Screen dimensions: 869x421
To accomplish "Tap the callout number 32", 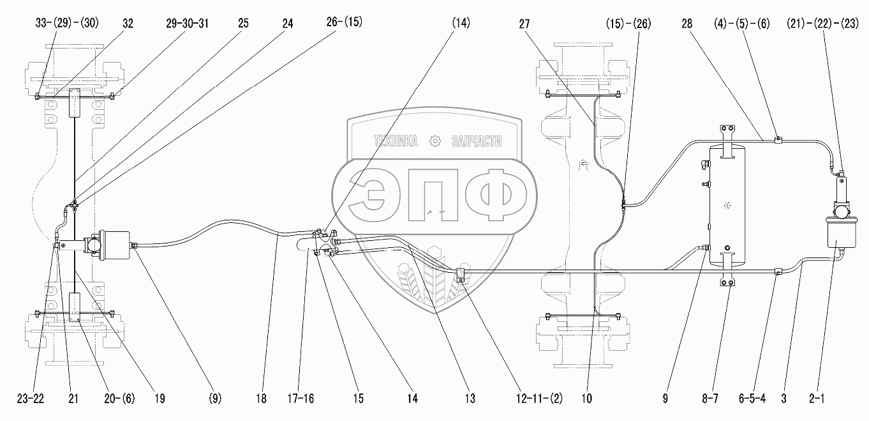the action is (128, 23).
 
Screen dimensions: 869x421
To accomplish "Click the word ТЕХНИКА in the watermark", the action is (396, 141).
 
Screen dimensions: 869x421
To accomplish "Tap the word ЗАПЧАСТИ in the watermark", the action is (476, 141).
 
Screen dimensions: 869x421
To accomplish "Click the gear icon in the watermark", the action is (435, 141).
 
